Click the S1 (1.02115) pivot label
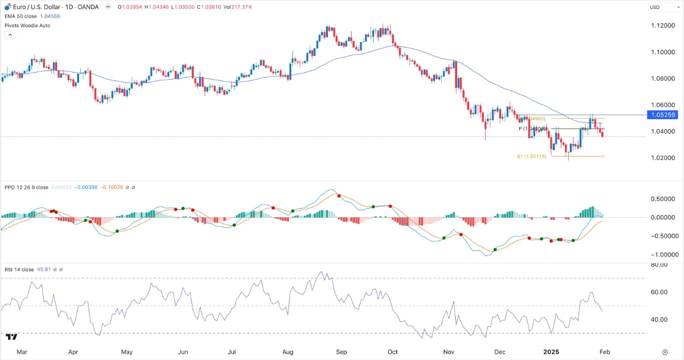pyautogui.click(x=531, y=157)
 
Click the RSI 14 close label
pyautogui.click(x=19, y=269)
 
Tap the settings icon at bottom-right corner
pyautogui.click(x=665, y=352)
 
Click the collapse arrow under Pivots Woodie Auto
pyautogui.click(x=10, y=35)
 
